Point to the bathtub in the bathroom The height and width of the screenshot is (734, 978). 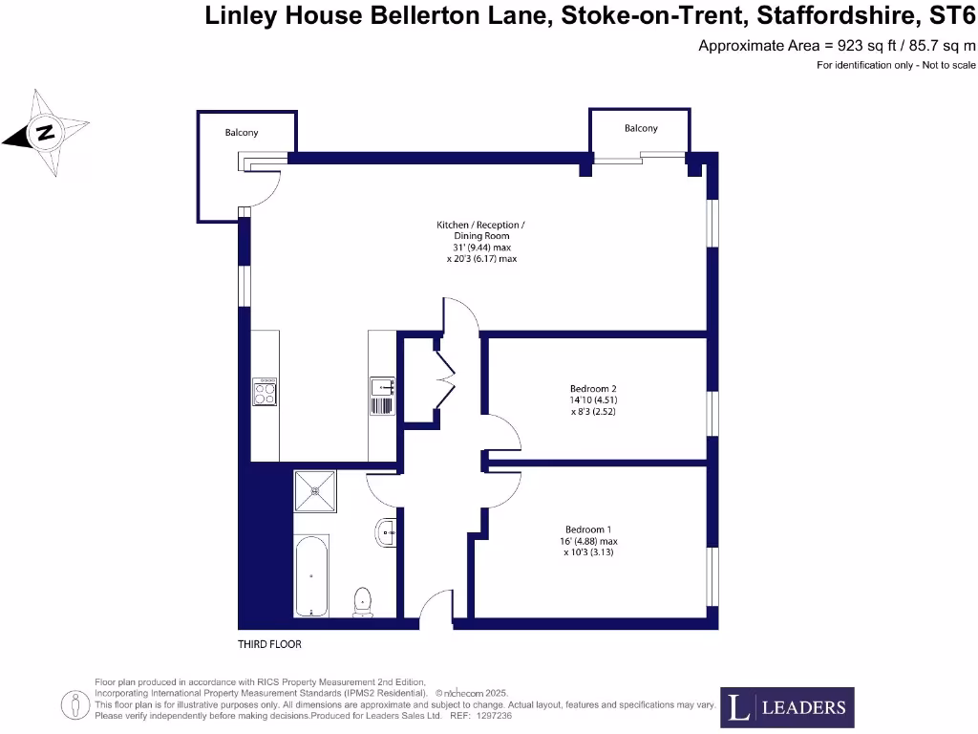[x=310, y=575]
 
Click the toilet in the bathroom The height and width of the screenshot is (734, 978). [x=364, y=601]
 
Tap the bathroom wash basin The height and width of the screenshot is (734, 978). [x=387, y=532]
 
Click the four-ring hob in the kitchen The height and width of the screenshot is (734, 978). [x=265, y=391]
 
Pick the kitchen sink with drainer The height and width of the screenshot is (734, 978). [x=381, y=396]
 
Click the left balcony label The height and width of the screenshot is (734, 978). [x=242, y=133]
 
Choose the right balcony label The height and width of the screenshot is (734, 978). [x=641, y=128]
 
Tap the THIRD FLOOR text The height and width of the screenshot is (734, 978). [x=269, y=644]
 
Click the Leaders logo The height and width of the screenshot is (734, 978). [x=787, y=707]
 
